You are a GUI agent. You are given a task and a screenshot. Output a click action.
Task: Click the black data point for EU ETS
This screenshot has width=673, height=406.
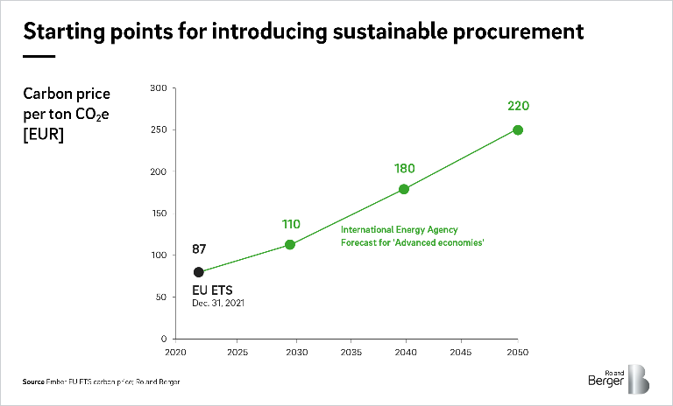pyautogui.click(x=199, y=272)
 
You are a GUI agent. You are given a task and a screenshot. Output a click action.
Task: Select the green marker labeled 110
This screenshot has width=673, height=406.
pyautogui.click(x=291, y=244)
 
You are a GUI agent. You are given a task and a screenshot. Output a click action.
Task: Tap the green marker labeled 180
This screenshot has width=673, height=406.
pyautogui.click(x=404, y=189)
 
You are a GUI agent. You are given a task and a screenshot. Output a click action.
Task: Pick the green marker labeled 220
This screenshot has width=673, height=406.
pyautogui.click(x=518, y=130)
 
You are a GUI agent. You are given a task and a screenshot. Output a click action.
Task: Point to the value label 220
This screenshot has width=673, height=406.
pyautogui.click(x=518, y=107)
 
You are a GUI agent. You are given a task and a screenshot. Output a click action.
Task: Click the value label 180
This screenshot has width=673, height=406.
pyautogui.click(x=404, y=168)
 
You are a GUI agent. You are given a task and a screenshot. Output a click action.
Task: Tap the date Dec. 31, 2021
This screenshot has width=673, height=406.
pyautogui.click(x=218, y=303)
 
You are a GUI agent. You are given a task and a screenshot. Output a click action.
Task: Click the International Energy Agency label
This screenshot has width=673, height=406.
pyautogui.click(x=399, y=229)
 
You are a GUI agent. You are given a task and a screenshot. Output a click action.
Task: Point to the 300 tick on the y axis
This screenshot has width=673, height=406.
pyautogui.click(x=158, y=88)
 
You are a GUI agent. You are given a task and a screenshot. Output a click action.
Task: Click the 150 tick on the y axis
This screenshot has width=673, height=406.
pyautogui.click(x=158, y=213)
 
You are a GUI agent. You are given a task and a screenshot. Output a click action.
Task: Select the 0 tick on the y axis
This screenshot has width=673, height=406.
pyautogui.click(x=163, y=339)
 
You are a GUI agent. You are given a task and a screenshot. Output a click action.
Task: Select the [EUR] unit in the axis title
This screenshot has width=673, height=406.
pyautogui.click(x=45, y=136)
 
